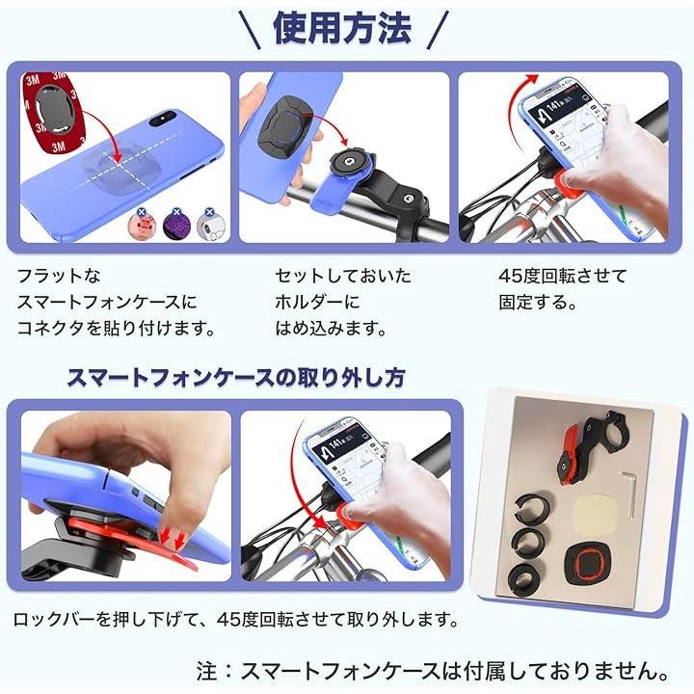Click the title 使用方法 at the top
tap(342, 28)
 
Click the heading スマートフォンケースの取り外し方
tap(236, 378)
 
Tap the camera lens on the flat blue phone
tap(163, 119)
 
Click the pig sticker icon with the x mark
tap(140, 225)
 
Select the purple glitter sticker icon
tap(176, 225)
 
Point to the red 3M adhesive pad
tap(52, 113)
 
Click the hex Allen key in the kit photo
tap(629, 494)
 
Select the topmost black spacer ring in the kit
tap(533, 508)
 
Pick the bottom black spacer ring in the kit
tap(526, 575)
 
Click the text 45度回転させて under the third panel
tap(563, 277)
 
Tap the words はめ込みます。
tap(331, 329)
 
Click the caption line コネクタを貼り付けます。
tap(116, 329)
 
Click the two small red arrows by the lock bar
tap(173, 539)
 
